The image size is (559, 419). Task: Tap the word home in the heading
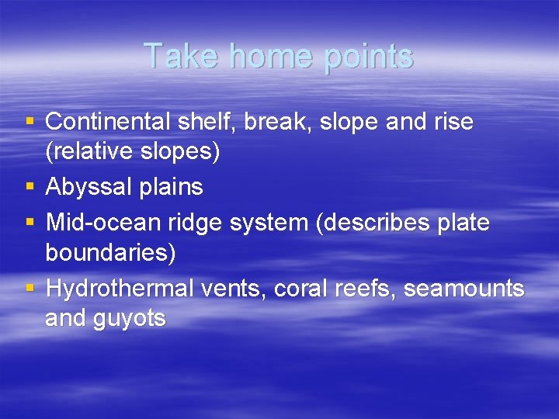259,57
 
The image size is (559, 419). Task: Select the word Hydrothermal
120,289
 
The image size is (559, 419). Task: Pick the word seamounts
464,289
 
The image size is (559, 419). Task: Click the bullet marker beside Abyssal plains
30,187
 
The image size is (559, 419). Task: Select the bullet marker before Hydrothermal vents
30,288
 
